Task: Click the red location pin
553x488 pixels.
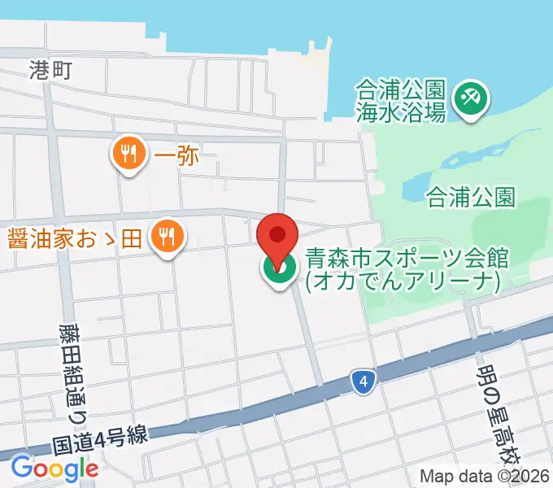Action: pyautogui.click(x=277, y=236)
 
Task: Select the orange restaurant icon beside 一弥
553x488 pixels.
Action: pyautogui.click(x=129, y=153)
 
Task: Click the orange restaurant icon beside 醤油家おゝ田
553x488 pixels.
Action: pyautogui.click(x=169, y=237)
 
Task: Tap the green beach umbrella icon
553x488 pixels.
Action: pyautogui.click(x=471, y=100)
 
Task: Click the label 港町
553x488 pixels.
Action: pyautogui.click(x=50, y=70)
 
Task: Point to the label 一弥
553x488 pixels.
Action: pyautogui.click(x=176, y=155)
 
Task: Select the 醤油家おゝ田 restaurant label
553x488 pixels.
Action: pyautogui.click(x=75, y=238)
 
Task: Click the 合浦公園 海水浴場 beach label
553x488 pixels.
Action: pyautogui.click(x=401, y=100)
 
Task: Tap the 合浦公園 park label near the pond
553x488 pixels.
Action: pyautogui.click(x=471, y=196)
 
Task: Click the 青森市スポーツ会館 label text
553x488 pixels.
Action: pyautogui.click(x=407, y=259)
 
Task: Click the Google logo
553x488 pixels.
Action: pyautogui.click(x=54, y=468)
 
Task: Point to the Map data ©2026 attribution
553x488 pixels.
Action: pyautogui.click(x=486, y=476)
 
